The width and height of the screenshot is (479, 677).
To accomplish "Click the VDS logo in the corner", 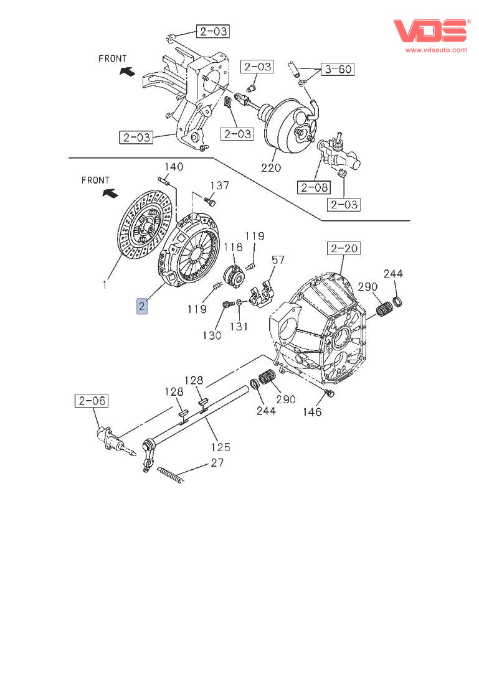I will [x=430, y=32].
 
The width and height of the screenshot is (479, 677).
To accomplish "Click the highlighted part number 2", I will [x=143, y=306].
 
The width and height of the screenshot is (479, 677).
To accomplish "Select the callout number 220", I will [x=271, y=167].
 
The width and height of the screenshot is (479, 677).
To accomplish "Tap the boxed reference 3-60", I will [x=337, y=68].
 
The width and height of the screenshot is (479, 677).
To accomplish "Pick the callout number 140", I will [x=174, y=167].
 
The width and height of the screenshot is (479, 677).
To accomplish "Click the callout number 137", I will [x=219, y=185].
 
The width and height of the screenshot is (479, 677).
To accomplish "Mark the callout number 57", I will [x=278, y=259].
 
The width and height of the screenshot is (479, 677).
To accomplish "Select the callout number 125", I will [x=220, y=447].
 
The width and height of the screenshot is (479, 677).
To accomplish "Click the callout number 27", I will [x=217, y=462].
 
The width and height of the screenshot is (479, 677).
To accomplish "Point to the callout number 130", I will [x=212, y=335].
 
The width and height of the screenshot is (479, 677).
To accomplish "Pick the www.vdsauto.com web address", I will [x=436, y=50].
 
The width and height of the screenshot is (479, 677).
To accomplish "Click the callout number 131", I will [x=239, y=327].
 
